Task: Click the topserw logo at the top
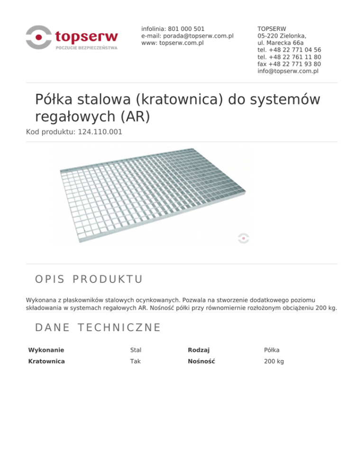click(x=72, y=37)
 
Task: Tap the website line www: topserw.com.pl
click(x=173, y=43)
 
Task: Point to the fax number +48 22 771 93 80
click(x=294, y=64)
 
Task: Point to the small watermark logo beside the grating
click(x=243, y=238)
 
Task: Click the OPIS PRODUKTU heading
click(x=89, y=279)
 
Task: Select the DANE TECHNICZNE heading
click(x=98, y=327)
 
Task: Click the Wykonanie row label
click(x=46, y=350)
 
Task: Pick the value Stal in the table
click(x=136, y=350)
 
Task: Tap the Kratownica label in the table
click(x=46, y=361)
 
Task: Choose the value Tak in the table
click(x=135, y=361)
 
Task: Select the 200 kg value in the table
click(x=274, y=361)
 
